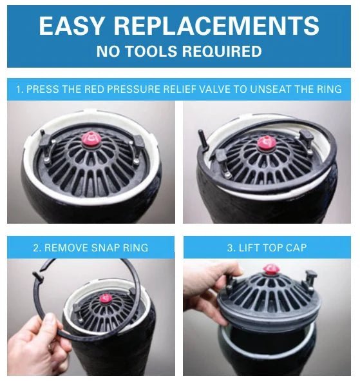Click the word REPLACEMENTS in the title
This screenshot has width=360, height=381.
pyautogui.click(x=216, y=26)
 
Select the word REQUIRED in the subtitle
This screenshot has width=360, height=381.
pyautogui.click(x=222, y=51)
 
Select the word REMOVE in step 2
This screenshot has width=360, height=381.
pyautogui.click(x=66, y=248)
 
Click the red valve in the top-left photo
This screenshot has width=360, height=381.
pyautogui.click(x=91, y=139)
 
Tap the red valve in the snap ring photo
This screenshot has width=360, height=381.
pyautogui.click(x=105, y=298)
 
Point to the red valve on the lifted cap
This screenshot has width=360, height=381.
pyautogui.click(x=270, y=269)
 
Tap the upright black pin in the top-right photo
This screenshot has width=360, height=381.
pyautogui.click(x=203, y=139)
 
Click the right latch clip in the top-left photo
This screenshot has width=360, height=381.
pyautogui.click(x=138, y=142)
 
